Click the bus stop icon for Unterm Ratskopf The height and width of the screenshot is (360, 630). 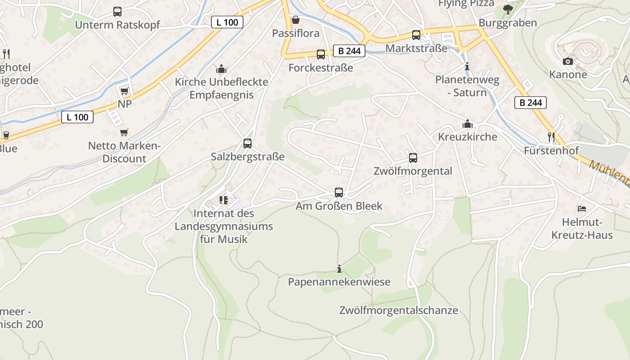coord(117,12)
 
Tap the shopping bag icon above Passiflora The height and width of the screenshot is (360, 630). coord(296,20)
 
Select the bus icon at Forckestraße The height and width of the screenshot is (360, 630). coord(321,54)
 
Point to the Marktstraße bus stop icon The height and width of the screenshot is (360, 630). coord(416,35)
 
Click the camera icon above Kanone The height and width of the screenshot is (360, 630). coord(568,61)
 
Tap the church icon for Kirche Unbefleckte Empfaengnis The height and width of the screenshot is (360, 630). coord(221,69)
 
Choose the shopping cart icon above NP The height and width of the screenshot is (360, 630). coord(125,91)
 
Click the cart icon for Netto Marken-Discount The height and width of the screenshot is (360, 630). coord(124,132)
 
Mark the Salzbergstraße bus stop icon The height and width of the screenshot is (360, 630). coord(247,144)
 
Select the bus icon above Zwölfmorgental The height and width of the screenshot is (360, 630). coord(413,158)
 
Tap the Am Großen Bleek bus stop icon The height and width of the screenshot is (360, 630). coord(339,193)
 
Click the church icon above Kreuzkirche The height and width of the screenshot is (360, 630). coord(468,123)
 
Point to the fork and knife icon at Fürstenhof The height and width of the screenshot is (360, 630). coord(551,136)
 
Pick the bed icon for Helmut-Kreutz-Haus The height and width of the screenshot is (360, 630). coord(582,209)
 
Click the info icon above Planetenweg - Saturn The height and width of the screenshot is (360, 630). coord(467,67)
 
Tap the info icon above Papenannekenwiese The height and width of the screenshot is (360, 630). coord(339,269)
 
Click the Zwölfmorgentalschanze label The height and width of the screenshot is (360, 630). coord(399,310)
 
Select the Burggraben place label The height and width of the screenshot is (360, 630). coord(508,23)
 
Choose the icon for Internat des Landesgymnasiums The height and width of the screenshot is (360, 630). coord(224,200)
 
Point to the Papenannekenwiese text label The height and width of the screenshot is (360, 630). coord(339,282)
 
